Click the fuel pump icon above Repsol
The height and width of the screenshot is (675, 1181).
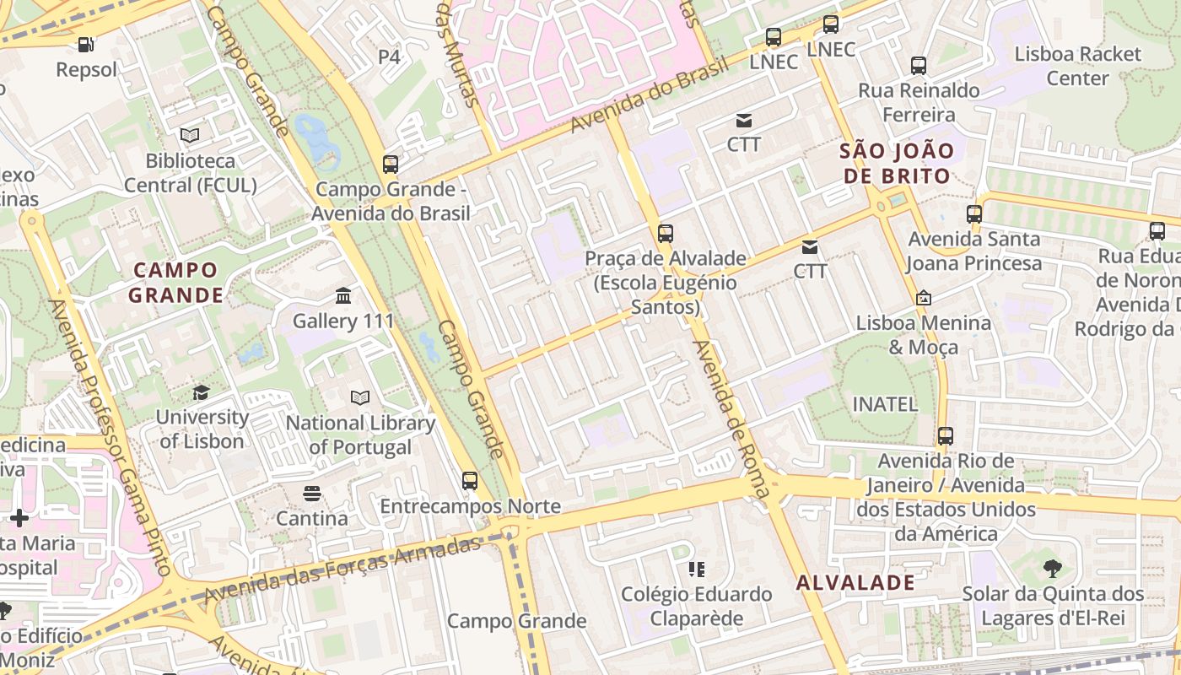coord(85,44)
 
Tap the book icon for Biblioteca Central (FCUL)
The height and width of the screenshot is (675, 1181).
coord(190,135)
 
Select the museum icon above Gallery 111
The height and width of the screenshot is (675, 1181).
coord(343,296)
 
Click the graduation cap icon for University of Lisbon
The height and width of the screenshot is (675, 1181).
coord(201,392)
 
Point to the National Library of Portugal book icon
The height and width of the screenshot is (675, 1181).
coord(360,397)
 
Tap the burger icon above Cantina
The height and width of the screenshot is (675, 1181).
coord(312,493)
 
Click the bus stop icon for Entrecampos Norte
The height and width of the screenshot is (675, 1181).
coord(470,481)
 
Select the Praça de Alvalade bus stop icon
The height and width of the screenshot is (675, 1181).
coord(666,233)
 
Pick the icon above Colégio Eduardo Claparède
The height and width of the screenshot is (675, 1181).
coord(697,570)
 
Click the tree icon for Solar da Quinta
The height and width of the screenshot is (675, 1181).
coord(1052,569)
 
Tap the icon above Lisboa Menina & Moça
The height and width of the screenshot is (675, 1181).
coord(924,298)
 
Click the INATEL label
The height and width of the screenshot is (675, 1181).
coord(885,404)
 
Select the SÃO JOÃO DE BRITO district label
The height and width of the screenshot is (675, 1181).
coord(895,164)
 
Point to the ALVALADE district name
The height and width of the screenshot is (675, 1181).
coord(855,582)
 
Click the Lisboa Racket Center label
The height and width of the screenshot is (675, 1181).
coord(1077,66)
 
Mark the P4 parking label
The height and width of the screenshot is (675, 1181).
coord(389,57)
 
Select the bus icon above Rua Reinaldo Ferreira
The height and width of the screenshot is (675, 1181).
coord(919,65)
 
